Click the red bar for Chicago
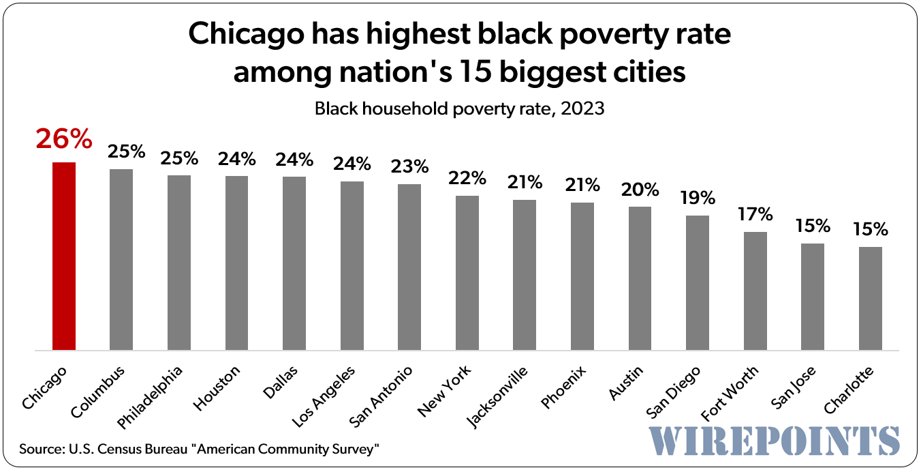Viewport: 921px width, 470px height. tap(64, 256)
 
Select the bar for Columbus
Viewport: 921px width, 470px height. tap(121, 260)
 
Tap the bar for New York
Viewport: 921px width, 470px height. tap(467, 273)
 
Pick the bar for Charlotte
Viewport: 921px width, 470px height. tap(870, 299)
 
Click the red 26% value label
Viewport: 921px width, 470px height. tap(64, 139)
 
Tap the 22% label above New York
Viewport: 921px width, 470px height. tap(467, 178)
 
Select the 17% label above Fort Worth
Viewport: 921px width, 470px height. tap(755, 214)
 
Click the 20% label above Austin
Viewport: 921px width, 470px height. tap(640, 189)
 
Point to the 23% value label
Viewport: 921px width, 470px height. tap(409, 166)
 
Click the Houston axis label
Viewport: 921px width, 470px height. tap(218, 389)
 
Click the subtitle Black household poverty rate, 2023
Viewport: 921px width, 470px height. tap(459, 108)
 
